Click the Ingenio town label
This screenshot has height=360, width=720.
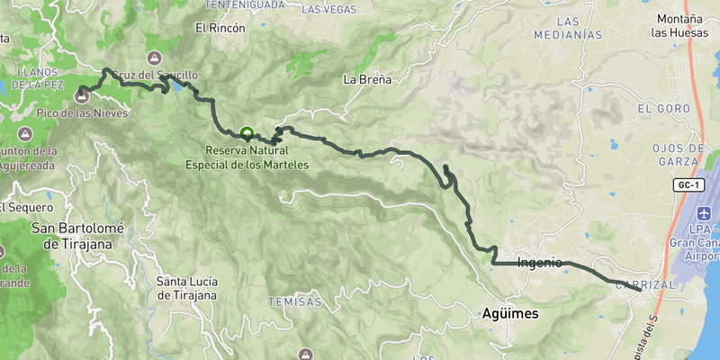[540, 263]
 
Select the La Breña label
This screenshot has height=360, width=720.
[367, 79]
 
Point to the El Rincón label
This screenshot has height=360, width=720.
[220, 28]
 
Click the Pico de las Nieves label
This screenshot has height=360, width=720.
[82, 113]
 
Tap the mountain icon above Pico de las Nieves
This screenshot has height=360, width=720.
[82, 93]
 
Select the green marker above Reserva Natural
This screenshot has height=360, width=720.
[247, 132]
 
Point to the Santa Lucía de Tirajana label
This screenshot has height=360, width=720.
[186, 287]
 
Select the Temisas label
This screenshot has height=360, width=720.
[293, 302]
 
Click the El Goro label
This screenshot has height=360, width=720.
[657, 108]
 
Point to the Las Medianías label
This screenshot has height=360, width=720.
[567, 28]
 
